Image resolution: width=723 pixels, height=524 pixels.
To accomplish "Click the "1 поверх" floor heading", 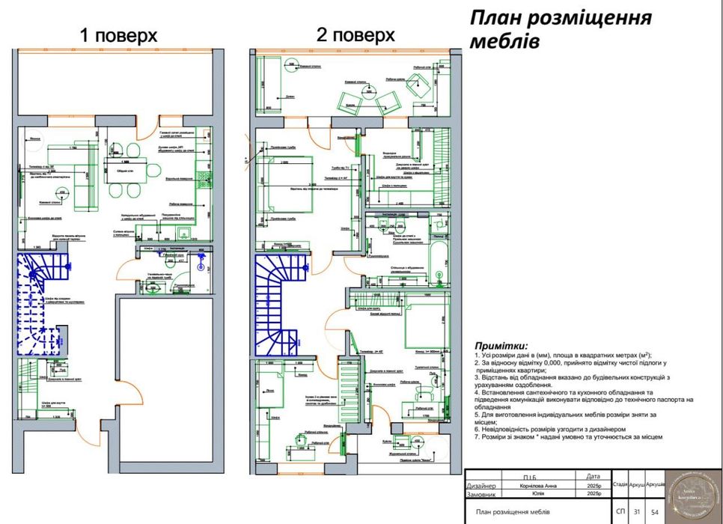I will [x=118, y=35].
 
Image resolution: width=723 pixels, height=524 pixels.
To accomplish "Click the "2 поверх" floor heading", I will [x=356, y=35].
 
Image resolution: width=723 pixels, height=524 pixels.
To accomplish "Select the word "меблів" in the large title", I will [x=504, y=40].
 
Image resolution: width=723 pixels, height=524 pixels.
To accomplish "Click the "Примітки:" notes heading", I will [x=501, y=345].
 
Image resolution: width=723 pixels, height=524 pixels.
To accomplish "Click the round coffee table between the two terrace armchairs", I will [x=368, y=92].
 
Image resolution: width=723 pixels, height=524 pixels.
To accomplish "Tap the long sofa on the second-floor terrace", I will [x=267, y=85].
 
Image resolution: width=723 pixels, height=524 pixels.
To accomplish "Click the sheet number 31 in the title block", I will [x=637, y=511].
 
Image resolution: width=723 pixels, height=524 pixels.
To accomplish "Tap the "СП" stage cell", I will [x=620, y=511].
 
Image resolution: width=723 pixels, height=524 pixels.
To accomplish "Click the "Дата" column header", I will [x=594, y=476].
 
